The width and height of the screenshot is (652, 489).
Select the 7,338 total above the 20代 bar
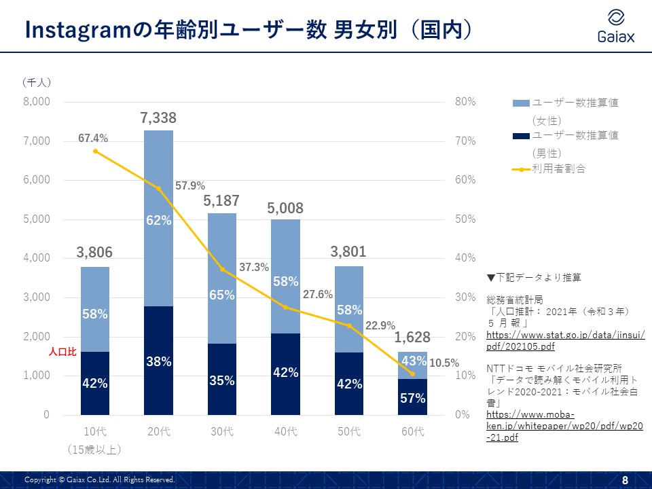click(x=158, y=118)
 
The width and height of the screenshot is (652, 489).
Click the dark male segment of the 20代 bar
click(x=158, y=360)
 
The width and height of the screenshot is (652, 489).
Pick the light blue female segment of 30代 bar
click(x=222, y=278)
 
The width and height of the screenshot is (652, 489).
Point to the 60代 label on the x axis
click(x=413, y=431)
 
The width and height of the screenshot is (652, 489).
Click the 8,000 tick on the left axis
click(x=37, y=102)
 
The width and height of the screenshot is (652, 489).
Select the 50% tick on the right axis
click(x=465, y=219)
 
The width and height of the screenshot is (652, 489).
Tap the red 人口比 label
click(x=61, y=352)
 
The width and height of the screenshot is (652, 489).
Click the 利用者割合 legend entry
click(x=558, y=168)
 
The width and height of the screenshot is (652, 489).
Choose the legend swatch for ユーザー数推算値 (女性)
click(x=521, y=103)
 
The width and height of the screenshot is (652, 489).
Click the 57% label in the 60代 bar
click(x=413, y=398)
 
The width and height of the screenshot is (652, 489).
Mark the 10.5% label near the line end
click(x=444, y=363)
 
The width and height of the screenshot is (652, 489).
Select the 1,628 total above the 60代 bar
click(x=413, y=338)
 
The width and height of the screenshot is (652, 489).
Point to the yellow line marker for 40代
click(x=286, y=307)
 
